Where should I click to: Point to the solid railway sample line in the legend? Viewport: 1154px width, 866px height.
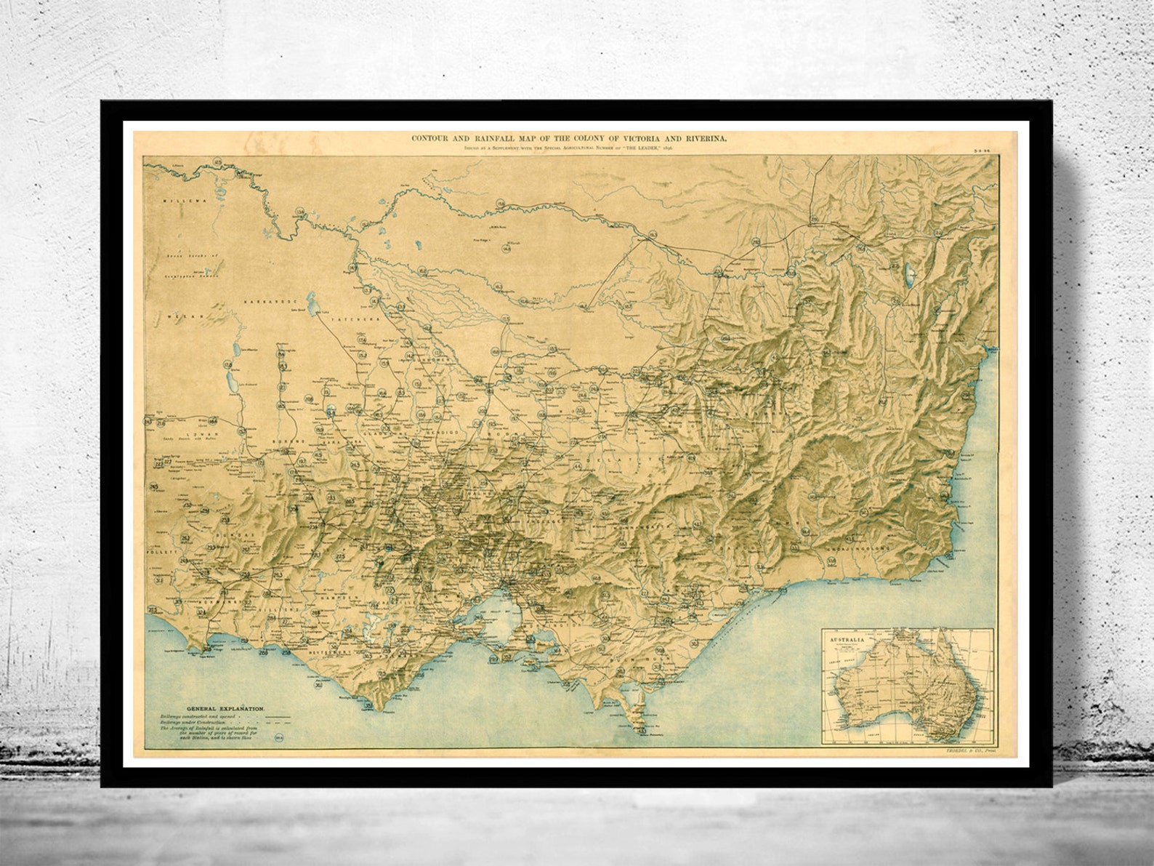(x=278, y=717)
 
